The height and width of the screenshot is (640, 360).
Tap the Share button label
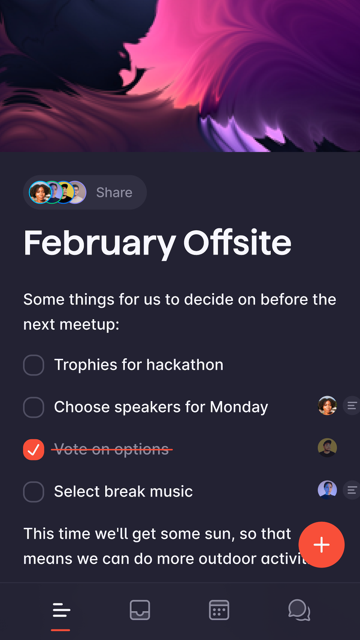(x=114, y=192)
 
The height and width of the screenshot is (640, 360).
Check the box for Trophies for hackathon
(x=34, y=365)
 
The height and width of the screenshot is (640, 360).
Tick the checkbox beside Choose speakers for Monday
(x=34, y=407)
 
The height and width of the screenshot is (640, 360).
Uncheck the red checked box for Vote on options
(x=34, y=449)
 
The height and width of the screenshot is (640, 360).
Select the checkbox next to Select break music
(x=34, y=492)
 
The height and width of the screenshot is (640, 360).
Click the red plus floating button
(x=321, y=545)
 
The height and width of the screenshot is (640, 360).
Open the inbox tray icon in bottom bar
(x=140, y=610)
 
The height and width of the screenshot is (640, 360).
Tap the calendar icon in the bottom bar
(x=219, y=610)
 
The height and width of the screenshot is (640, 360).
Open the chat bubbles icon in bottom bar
(x=299, y=610)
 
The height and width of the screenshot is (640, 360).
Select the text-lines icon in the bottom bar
(x=61, y=610)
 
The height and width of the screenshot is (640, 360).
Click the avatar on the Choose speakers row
(x=327, y=405)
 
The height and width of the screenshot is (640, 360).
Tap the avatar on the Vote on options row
(x=327, y=448)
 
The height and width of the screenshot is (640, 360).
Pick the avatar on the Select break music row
(x=327, y=490)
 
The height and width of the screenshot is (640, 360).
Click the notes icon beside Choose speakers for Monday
(x=352, y=405)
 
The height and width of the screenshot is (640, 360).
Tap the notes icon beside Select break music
(x=352, y=490)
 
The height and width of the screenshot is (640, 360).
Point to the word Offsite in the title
(x=237, y=242)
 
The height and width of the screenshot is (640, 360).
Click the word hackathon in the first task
(x=185, y=365)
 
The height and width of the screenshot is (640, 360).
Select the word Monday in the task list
(x=239, y=407)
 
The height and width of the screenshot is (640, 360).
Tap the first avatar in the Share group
(x=40, y=192)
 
